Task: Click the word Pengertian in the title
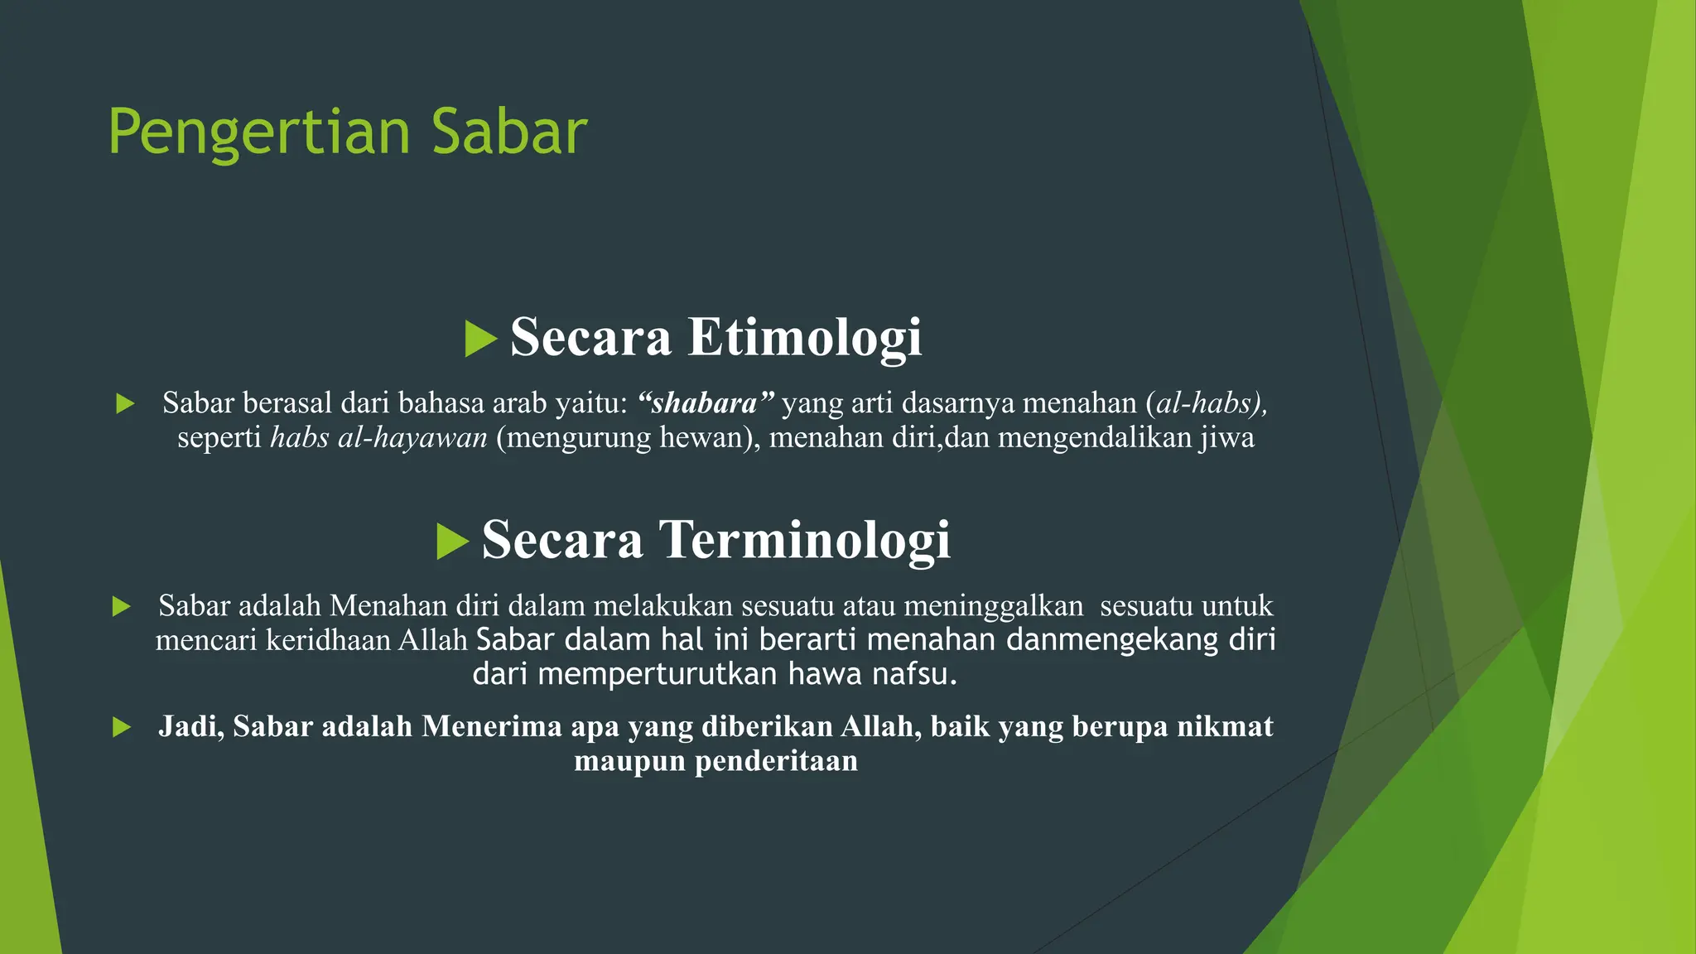coord(259,132)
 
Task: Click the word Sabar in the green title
coord(508,132)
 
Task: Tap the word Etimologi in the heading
coord(804,337)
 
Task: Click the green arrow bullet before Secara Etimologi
coord(480,339)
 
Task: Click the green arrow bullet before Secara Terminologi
coord(452,542)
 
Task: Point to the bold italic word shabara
coord(704,403)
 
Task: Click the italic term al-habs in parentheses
coord(1206,403)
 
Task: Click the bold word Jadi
coord(190,726)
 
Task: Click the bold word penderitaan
coord(776,760)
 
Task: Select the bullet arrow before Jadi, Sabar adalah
coord(122,728)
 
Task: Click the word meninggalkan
coord(993,606)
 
